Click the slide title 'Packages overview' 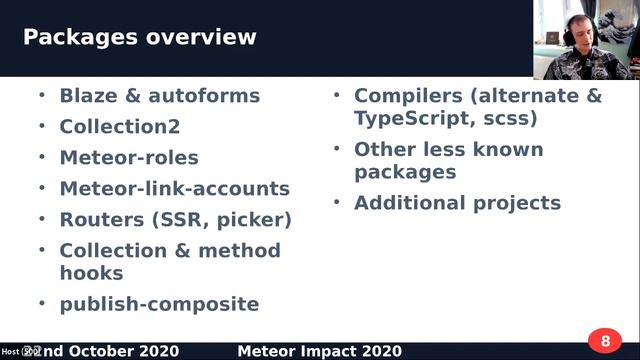[x=139, y=38]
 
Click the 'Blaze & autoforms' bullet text [x=159, y=96]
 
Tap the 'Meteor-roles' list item [x=129, y=158]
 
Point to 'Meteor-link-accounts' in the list [x=174, y=188]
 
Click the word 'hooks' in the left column [x=91, y=273]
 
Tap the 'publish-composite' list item [x=159, y=304]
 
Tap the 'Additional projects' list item [x=457, y=203]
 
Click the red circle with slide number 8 [x=604, y=341]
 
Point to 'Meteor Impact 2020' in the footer [x=320, y=351]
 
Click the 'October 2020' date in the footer [x=139, y=351]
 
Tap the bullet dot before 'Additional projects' [x=337, y=202]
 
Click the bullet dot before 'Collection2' [x=42, y=126]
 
